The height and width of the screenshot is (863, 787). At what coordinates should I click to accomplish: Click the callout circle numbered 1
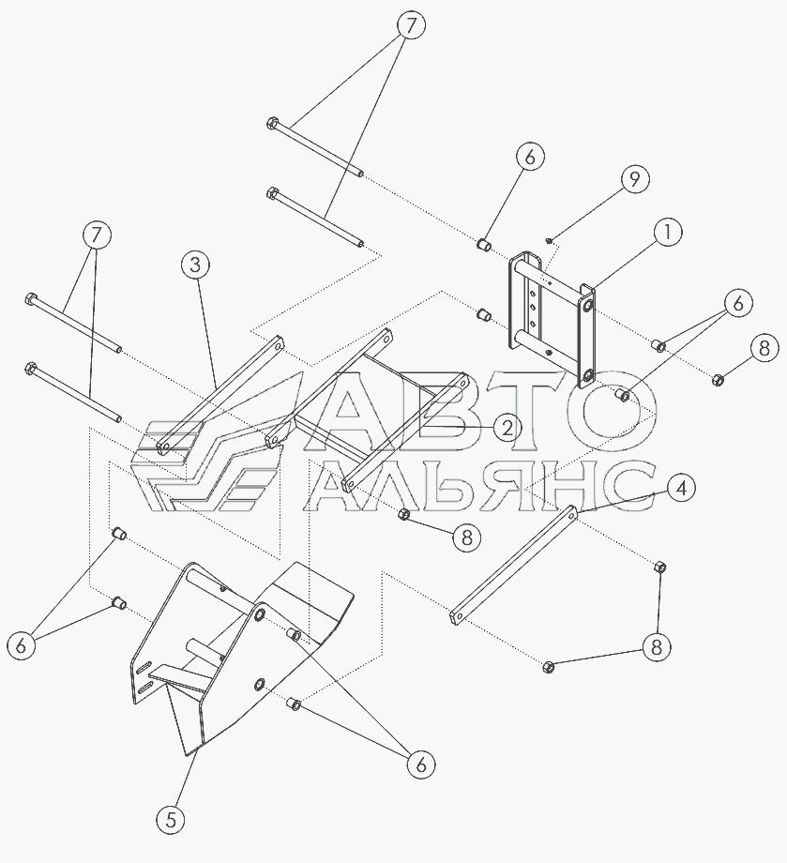coord(667,233)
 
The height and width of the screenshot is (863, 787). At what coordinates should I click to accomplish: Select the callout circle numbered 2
coord(507,428)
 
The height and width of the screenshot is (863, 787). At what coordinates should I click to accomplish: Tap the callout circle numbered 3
coord(195,265)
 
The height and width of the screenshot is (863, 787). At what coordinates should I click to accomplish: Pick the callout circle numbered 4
coord(681,488)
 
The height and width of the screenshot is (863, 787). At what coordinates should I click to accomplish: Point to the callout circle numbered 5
coord(171,821)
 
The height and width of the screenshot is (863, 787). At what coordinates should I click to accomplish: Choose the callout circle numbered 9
coord(634,179)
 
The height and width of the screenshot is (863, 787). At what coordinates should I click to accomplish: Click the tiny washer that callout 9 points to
coord(549,240)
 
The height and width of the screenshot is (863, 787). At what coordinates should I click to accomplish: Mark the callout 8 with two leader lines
coord(656,647)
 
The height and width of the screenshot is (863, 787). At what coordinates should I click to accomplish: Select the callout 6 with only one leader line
coord(530,157)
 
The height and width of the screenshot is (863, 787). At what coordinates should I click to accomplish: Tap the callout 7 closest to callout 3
coord(97,235)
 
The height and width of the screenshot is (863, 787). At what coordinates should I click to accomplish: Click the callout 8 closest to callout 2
coord(467,537)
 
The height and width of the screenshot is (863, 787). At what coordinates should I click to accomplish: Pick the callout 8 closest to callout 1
coord(764,348)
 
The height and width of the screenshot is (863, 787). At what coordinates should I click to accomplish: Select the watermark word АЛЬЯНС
coord(478,487)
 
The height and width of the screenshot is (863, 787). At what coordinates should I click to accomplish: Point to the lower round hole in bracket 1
coord(588,376)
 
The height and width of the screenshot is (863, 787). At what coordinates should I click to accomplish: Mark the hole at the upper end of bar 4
coord(570,514)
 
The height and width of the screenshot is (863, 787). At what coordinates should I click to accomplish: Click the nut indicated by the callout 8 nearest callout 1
coord(717,379)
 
